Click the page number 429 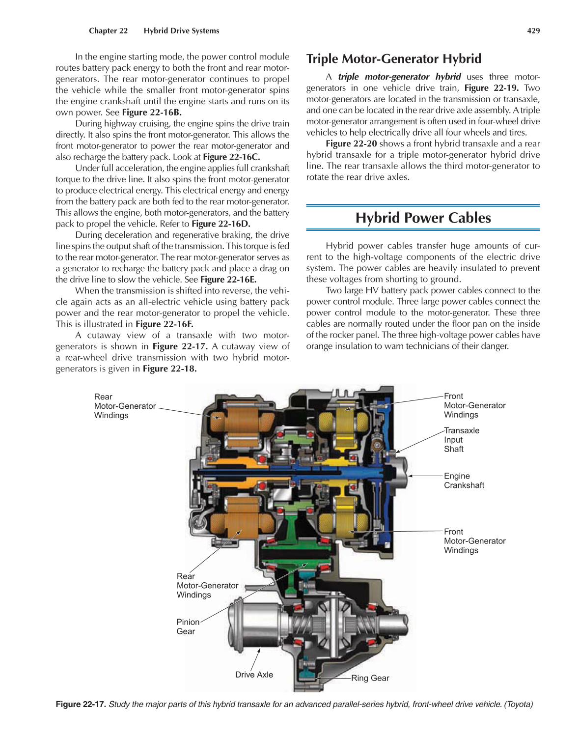pos(533,30)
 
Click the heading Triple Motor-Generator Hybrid pos(394,59)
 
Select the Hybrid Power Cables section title pos(423,218)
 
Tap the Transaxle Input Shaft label pos(461,440)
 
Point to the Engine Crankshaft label pos(464,481)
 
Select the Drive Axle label pos(254,675)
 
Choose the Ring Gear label pos(370,678)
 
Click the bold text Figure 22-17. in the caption pos(81,704)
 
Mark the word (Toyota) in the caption pos(518,704)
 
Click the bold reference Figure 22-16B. pos(152,112)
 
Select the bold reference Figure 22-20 pos(351,143)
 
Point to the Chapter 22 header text pos(108,30)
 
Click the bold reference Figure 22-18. pos(169,369)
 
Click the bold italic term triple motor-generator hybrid pos(399,77)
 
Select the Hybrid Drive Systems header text pos(181,30)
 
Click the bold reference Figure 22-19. pos(491,88)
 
